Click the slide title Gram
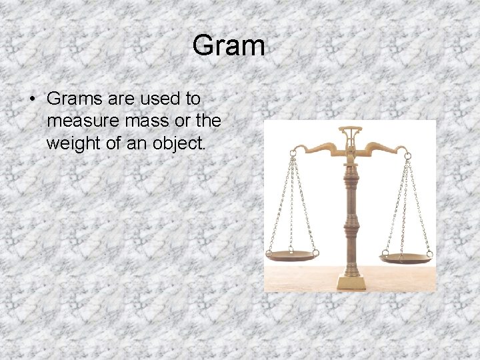229,46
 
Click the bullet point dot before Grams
32,99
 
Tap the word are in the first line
121,99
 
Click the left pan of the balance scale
291,255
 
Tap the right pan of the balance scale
405,257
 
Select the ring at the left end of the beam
292,153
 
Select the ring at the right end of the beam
407,155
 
